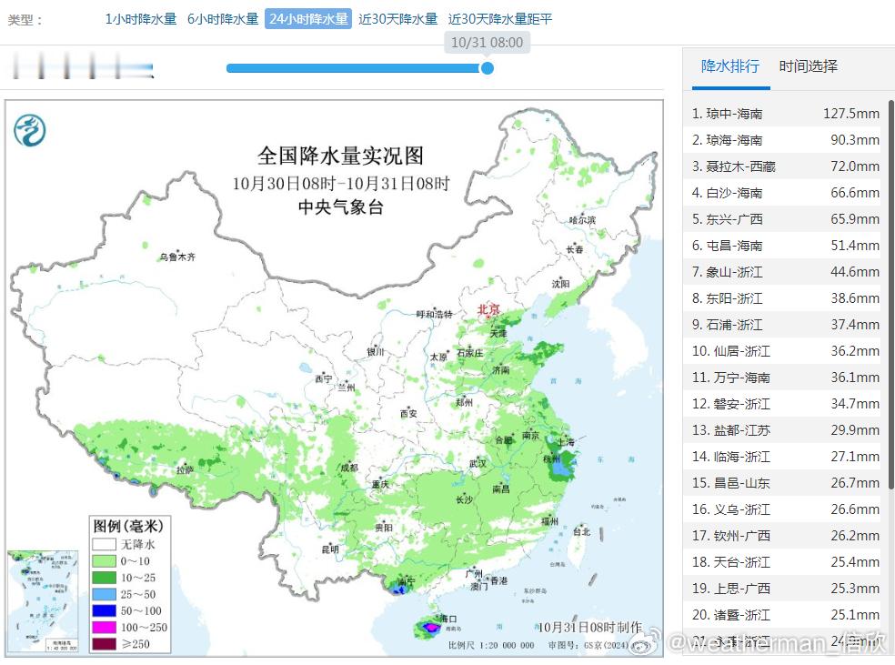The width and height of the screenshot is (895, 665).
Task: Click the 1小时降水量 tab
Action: [140, 19]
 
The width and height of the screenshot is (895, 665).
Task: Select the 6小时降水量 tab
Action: [223, 19]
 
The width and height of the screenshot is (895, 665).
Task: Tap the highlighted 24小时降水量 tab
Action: [308, 19]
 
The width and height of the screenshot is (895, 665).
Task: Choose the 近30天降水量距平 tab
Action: [500, 19]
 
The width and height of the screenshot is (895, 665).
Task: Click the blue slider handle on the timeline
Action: [487, 68]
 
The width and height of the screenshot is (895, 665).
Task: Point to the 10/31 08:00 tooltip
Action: [487, 42]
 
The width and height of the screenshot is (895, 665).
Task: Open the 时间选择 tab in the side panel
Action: [808, 66]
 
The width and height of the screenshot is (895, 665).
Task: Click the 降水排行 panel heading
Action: [729, 66]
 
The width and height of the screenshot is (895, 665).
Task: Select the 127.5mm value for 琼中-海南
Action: [850, 114]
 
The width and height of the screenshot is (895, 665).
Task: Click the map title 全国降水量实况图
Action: [340, 156]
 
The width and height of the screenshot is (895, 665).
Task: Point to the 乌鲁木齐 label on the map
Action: [177, 257]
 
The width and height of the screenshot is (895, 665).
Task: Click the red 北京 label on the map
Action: [489, 310]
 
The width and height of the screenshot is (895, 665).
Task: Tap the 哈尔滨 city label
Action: [581, 220]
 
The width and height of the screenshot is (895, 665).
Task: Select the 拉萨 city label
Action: [185, 470]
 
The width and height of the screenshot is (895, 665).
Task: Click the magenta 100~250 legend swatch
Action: [105, 628]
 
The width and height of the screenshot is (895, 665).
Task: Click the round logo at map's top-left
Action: [30, 130]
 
